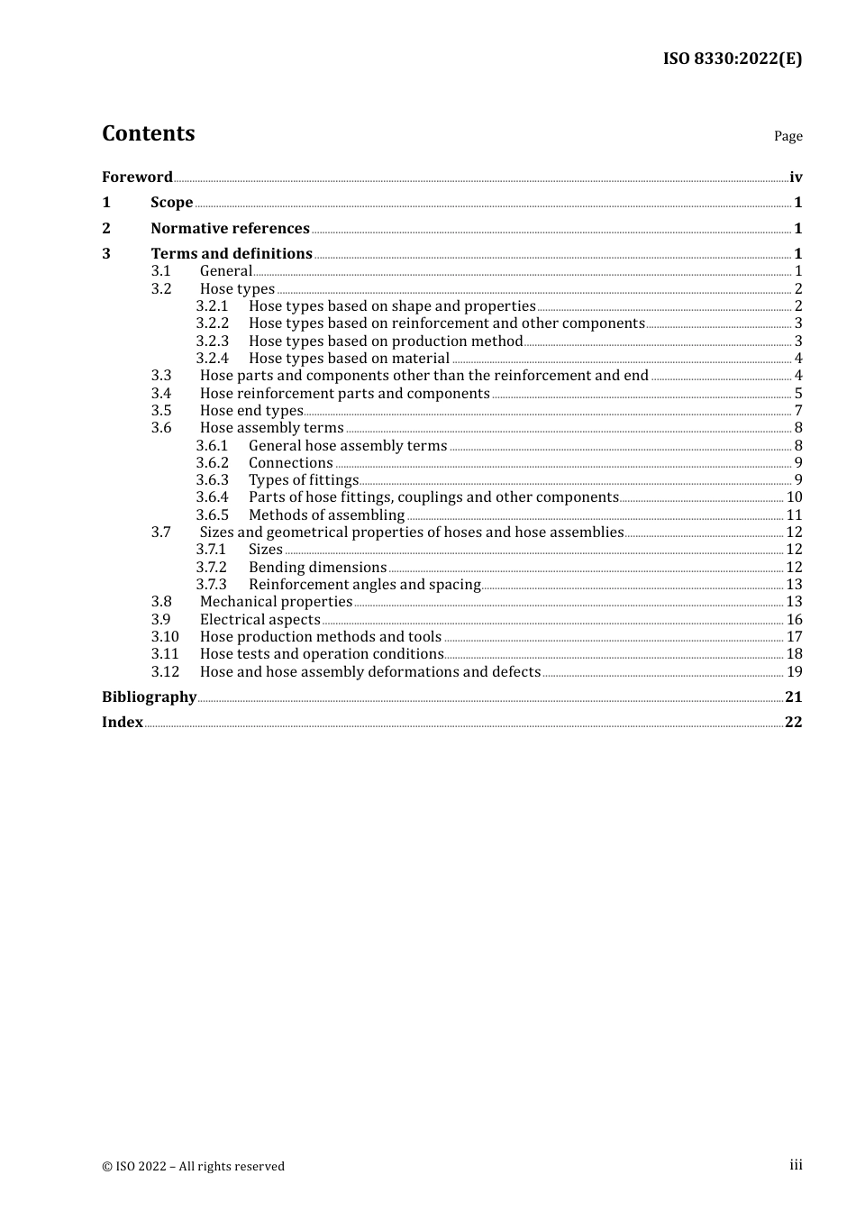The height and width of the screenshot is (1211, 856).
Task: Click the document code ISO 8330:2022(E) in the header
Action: (x=732, y=59)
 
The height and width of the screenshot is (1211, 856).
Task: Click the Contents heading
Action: (x=148, y=133)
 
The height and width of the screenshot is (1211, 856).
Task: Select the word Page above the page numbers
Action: (x=788, y=136)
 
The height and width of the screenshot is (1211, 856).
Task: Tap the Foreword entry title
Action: (x=137, y=177)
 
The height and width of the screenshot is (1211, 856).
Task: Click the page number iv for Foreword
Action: (x=796, y=177)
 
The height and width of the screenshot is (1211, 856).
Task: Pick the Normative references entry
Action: (x=230, y=228)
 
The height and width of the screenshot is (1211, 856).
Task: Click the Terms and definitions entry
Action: (x=232, y=253)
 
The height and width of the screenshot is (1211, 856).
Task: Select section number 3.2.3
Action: (x=213, y=341)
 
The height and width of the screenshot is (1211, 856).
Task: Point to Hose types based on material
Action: (x=349, y=358)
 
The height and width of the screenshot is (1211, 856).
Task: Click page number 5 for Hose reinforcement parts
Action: (x=798, y=393)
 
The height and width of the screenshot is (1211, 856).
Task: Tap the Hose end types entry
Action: (x=251, y=410)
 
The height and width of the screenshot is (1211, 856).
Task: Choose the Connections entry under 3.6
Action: (x=290, y=462)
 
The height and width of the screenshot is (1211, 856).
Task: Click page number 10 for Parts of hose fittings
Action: (x=794, y=496)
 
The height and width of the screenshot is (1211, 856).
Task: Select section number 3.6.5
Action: (x=213, y=514)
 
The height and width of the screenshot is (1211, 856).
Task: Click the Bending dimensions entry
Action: (x=317, y=567)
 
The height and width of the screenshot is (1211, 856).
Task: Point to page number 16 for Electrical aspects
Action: (x=794, y=619)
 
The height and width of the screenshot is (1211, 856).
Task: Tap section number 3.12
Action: (x=165, y=671)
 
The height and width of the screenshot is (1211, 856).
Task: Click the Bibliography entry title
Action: (x=149, y=697)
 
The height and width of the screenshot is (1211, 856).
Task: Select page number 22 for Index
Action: (x=793, y=722)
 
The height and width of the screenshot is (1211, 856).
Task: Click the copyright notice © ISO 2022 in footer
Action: (x=193, y=1166)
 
